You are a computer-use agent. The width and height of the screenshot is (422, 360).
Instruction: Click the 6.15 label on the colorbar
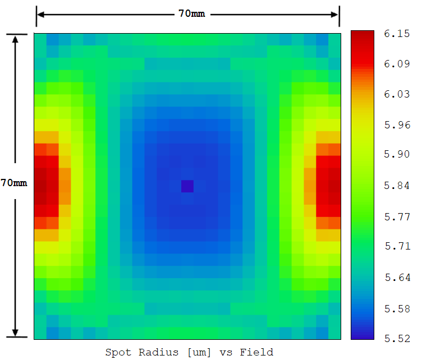(x=396, y=34)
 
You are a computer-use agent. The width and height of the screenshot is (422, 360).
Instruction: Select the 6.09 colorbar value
(x=396, y=64)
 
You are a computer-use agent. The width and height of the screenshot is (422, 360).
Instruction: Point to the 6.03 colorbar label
(x=396, y=94)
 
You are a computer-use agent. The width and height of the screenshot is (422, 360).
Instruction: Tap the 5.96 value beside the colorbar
(x=396, y=124)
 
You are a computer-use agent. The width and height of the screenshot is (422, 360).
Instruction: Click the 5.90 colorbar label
(x=396, y=155)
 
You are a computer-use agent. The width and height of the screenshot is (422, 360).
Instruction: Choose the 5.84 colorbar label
(x=396, y=186)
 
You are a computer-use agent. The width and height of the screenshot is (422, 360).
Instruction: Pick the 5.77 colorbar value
(x=396, y=216)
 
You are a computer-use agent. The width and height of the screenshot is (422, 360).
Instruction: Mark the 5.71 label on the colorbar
(x=396, y=246)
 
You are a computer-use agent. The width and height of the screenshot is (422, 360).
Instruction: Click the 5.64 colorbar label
(x=396, y=276)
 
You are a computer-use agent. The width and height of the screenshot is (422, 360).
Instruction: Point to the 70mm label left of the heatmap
(x=14, y=183)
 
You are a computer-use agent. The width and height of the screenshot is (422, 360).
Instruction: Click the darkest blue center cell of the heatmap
(x=187, y=186)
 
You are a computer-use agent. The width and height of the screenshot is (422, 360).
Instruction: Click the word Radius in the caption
(x=154, y=352)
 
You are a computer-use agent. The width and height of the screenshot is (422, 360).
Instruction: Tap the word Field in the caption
(x=256, y=352)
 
